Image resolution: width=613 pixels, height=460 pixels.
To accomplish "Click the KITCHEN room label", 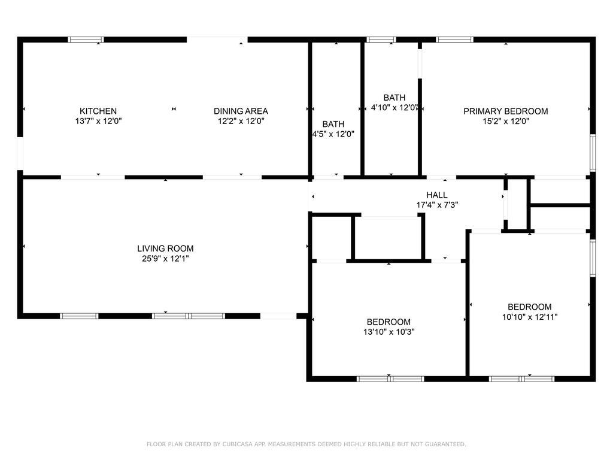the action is point(98,111).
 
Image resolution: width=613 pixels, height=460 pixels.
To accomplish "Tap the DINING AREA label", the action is point(241,111).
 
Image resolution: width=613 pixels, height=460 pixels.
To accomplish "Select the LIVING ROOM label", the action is point(165,249).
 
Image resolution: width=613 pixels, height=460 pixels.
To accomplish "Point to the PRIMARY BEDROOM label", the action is point(506,111).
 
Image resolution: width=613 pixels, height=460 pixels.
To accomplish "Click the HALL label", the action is point(437,195).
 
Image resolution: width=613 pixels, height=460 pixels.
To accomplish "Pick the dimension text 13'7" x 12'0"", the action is point(99,121).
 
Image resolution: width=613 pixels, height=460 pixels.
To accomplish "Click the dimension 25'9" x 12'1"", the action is point(165,259).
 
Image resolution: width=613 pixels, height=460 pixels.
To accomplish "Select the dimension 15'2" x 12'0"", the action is point(506,121).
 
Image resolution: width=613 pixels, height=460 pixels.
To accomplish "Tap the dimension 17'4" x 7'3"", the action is point(437,205).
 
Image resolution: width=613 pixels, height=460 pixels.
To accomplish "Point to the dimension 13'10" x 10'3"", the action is point(389,332).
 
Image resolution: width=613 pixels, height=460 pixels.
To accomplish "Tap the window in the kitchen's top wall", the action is point(86,40).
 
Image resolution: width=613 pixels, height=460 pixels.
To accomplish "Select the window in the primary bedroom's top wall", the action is point(455,40).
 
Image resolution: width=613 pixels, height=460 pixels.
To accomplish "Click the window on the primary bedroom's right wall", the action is point(593,153).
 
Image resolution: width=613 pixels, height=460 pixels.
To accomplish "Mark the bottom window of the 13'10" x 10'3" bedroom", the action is point(390,379).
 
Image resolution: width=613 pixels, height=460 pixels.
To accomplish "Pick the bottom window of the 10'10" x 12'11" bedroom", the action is point(521,379).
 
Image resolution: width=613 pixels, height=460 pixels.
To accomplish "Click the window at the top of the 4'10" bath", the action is point(381,40).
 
